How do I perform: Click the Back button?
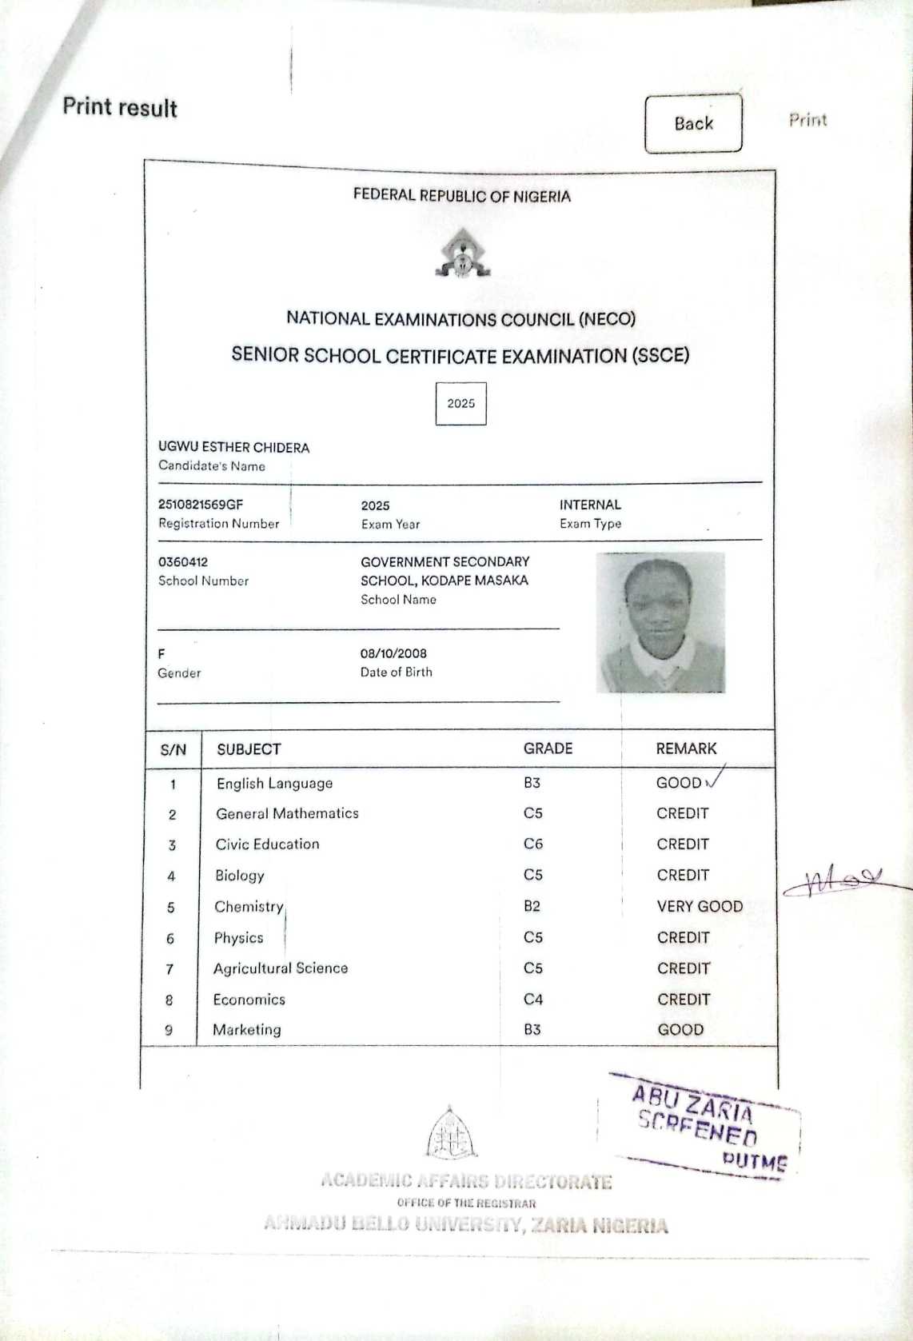coord(693,123)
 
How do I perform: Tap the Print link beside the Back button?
coord(807,120)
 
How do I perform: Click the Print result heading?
coord(120,107)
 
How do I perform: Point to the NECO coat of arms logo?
coord(462,253)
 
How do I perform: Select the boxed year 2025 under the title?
coord(460,403)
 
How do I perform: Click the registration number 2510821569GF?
coord(201,505)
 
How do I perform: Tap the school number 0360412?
coord(183,562)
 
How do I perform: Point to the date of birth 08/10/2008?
coord(393,653)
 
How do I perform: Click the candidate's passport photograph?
coord(660,622)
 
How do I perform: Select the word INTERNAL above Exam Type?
coord(590,505)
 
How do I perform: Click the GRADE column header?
coord(548,748)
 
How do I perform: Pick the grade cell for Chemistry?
coord(532,906)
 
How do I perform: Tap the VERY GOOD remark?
coord(700,906)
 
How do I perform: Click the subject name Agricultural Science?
coord(281,968)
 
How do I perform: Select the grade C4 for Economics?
coord(533,999)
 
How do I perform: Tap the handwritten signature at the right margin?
coord(835,881)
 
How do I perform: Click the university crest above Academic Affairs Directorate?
coord(452,1133)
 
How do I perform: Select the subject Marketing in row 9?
coord(247,1030)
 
